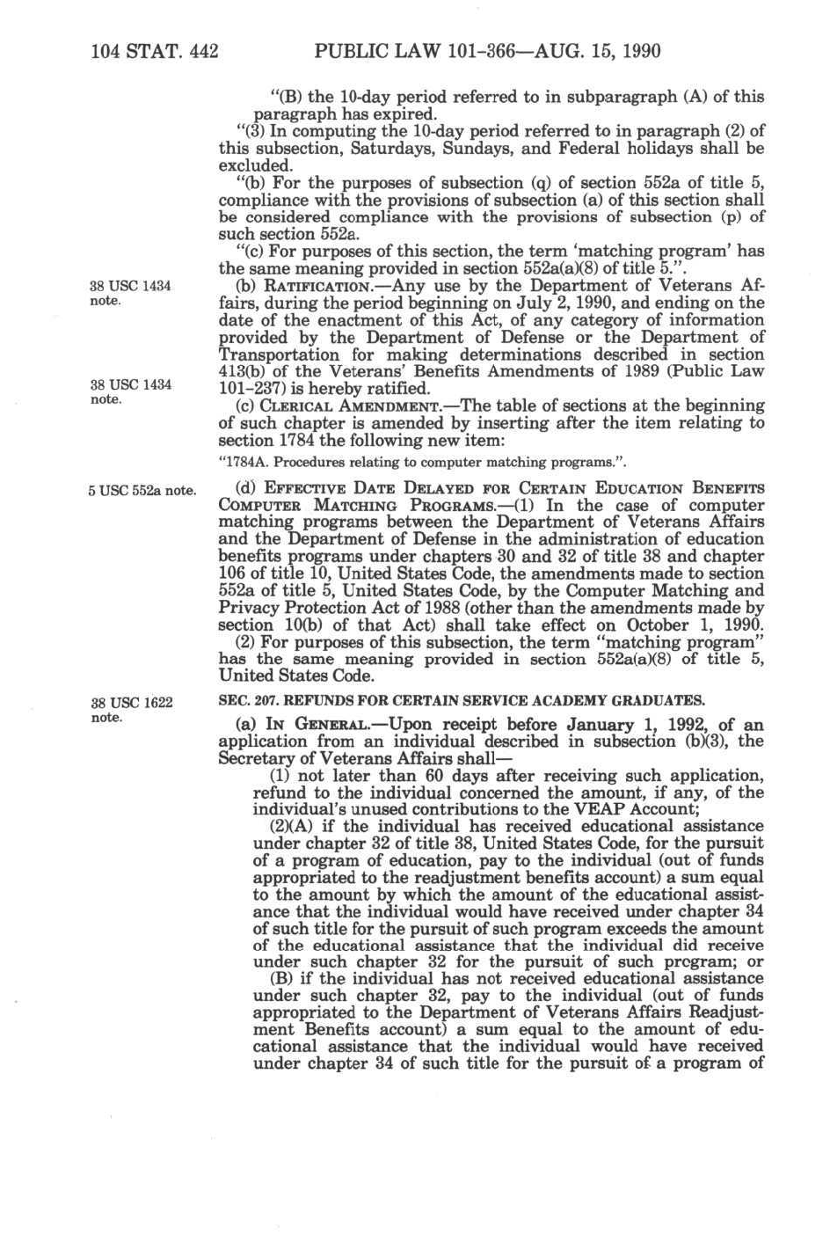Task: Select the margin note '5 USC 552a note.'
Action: (142, 491)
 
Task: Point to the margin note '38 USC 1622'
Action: (131, 702)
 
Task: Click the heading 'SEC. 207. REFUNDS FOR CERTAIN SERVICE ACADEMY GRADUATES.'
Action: (461, 701)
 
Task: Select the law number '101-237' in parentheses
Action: (246, 389)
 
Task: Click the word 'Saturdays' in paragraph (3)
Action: (395, 149)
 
